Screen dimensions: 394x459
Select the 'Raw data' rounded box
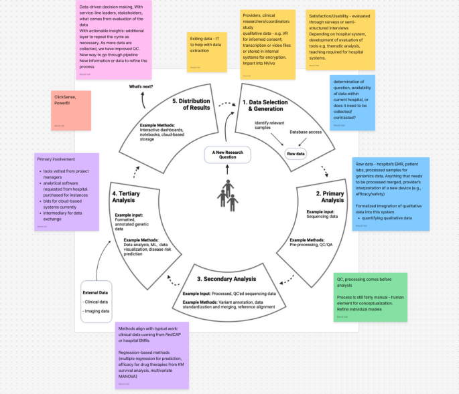(x=296, y=154)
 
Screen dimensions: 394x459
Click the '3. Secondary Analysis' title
(x=226, y=279)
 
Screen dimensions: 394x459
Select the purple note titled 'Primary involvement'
(x=68, y=189)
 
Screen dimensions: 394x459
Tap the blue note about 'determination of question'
(x=362, y=102)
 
